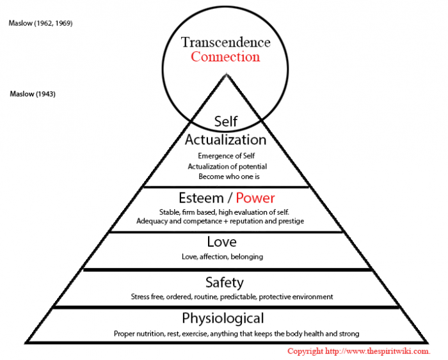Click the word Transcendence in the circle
click(226, 42)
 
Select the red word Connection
click(226, 57)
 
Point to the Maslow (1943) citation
click(33, 94)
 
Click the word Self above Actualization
click(226, 121)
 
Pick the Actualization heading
click(225, 139)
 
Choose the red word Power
click(254, 198)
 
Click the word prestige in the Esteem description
click(289, 221)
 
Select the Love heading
click(221, 242)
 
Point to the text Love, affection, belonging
click(222, 256)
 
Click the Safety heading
click(224, 282)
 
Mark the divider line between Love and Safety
click(227, 269)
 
